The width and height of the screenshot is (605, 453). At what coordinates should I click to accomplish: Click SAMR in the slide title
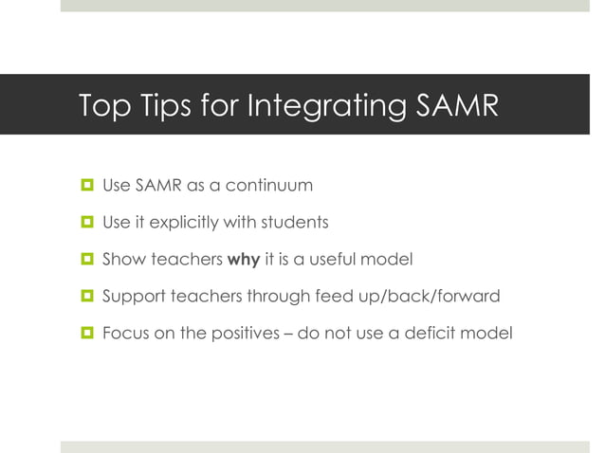click(455, 105)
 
